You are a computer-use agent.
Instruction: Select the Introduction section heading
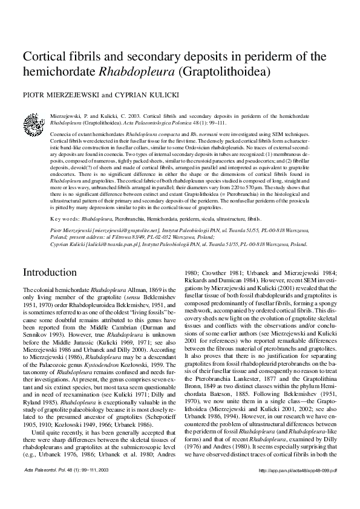pos(50,273)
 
